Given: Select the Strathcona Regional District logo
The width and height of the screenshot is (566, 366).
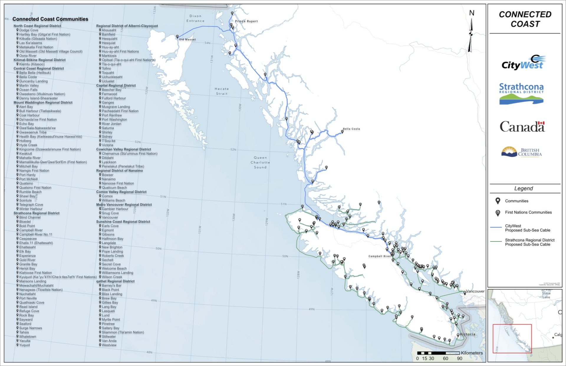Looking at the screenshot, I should [x=521, y=94].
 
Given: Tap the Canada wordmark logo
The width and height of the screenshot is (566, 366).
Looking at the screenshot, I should [x=522, y=127].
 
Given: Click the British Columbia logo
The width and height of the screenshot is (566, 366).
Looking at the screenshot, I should [x=521, y=152].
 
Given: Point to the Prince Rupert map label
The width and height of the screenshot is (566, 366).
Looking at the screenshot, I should [x=246, y=21].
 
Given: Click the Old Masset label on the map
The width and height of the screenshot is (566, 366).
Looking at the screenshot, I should [x=187, y=39].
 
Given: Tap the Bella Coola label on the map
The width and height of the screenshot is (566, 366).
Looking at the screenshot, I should [x=351, y=129].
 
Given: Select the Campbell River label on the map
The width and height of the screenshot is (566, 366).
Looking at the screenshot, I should [x=379, y=256].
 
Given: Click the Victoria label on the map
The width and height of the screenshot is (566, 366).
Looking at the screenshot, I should [x=468, y=334].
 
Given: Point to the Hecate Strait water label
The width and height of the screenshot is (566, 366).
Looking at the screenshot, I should [x=222, y=91].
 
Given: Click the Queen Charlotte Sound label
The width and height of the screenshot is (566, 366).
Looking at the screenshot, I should [x=260, y=163].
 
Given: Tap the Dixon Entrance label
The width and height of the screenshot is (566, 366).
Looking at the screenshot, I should [x=195, y=19].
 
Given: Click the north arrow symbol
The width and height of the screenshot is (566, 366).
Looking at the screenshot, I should [x=471, y=34].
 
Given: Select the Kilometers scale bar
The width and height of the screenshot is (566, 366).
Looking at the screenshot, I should [x=438, y=353].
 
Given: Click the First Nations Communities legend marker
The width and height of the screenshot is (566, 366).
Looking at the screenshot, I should [x=498, y=213].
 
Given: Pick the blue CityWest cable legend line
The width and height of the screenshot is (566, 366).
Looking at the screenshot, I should [x=496, y=227].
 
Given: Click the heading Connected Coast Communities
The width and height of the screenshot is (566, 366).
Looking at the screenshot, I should [x=50, y=19].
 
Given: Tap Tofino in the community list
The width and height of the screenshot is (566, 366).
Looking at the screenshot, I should [x=106, y=68].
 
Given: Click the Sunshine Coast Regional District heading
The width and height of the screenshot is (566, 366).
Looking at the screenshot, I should [x=123, y=222].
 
